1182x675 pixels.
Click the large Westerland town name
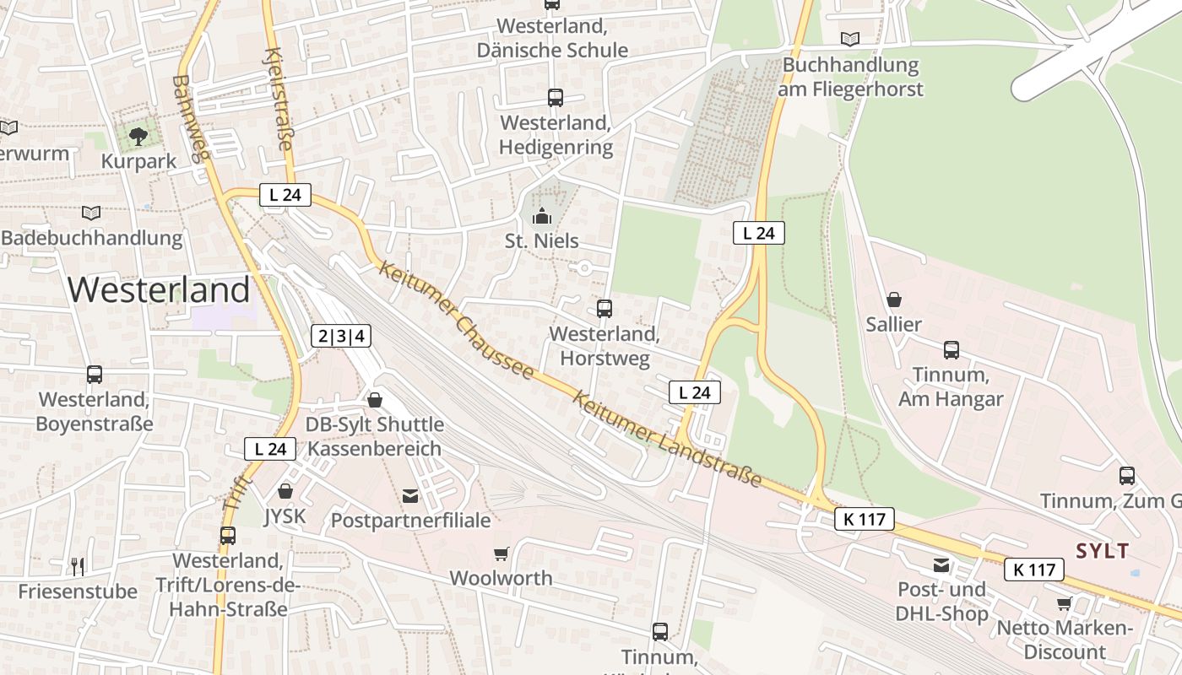[x=159, y=290]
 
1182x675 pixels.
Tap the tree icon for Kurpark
[x=138, y=136]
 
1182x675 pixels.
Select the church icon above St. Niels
[x=541, y=217]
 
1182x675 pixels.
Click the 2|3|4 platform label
[x=341, y=336]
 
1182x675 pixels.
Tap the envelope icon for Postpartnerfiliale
[x=410, y=496]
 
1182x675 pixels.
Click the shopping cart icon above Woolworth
[x=502, y=553]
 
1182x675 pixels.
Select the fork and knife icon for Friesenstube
[x=78, y=566]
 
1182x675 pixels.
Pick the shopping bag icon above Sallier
[x=894, y=300]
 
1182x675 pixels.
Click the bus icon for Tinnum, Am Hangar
[x=951, y=349]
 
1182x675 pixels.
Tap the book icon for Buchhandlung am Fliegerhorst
[x=850, y=39]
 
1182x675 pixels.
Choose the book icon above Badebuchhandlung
[x=91, y=213]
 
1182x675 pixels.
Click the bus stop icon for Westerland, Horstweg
[x=604, y=309]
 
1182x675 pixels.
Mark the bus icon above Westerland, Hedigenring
[x=555, y=98]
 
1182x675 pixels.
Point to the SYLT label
[x=1102, y=552]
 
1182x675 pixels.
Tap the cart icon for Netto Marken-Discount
[x=1064, y=603]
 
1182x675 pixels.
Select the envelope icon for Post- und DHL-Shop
[x=941, y=565]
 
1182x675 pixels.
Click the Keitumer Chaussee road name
[x=456, y=320]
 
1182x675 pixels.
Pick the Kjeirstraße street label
[x=279, y=100]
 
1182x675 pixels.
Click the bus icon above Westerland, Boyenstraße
[x=95, y=374]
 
